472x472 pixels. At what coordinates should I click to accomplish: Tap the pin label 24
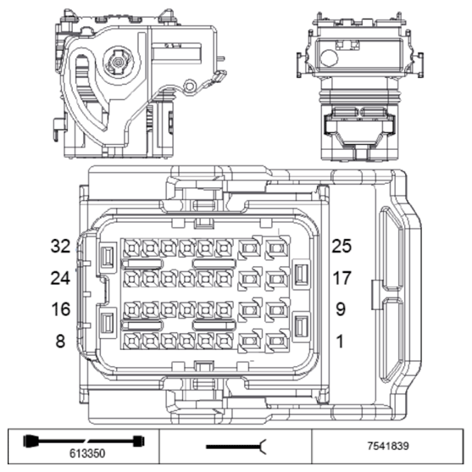click(58, 278)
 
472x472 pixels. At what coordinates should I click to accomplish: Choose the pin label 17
click(342, 278)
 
